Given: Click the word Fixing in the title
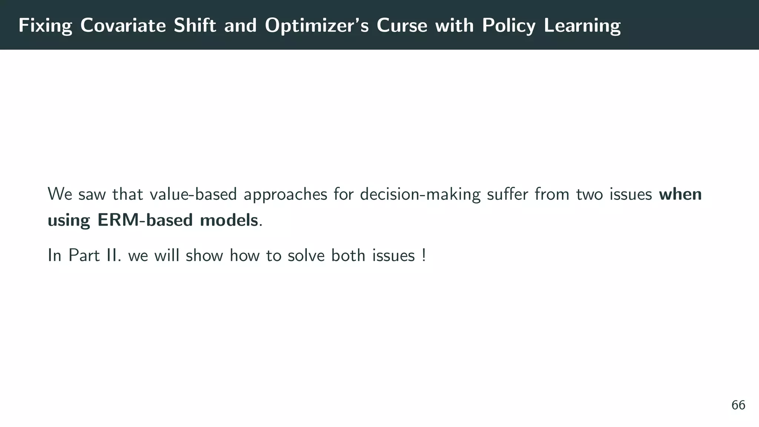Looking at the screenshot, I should click(x=45, y=26).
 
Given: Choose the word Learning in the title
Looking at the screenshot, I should click(x=582, y=26).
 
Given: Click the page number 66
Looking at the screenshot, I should click(x=738, y=405).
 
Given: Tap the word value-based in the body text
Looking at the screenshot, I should click(x=193, y=194).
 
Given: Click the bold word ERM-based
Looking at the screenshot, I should click(x=145, y=220).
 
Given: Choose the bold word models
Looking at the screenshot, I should click(x=229, y=220).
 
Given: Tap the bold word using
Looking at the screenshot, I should click(x=69, y=220).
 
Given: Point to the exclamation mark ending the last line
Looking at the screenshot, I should click(x=424, y=255).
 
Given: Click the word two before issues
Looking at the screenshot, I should click(x=590, y=194).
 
